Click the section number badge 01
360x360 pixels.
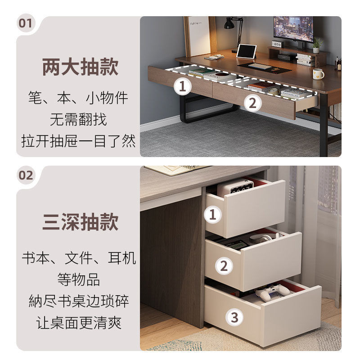click(x=26, y=23)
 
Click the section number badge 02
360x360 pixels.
click(x=26, y=175)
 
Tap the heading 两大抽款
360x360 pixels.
click(x=80, y=67)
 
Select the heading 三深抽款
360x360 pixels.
click(x=80, y=221)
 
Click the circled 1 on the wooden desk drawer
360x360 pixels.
click(x=183, y=86)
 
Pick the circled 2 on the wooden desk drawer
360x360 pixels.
click(x=252, y=103)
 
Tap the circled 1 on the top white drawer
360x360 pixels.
click(x=212, y=215)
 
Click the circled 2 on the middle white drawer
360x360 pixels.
click(x=224, y=266)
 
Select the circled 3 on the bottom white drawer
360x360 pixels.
click(x=234, y=317)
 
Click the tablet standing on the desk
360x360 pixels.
click(x=246, y=51)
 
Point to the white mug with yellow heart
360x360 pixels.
click(x=318, y=74)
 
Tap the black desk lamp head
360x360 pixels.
click(x=229, y=24)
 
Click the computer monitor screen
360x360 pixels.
click(x=293, y=28)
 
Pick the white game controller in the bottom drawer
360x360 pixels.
click(x=272, y=292)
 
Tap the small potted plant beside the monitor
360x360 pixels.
click(x=317, y=46)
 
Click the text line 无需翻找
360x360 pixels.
click(x=78, y=119)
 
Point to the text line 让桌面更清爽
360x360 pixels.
click(x=78, y=323)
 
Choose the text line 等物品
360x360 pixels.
click(x=78, y=279)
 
